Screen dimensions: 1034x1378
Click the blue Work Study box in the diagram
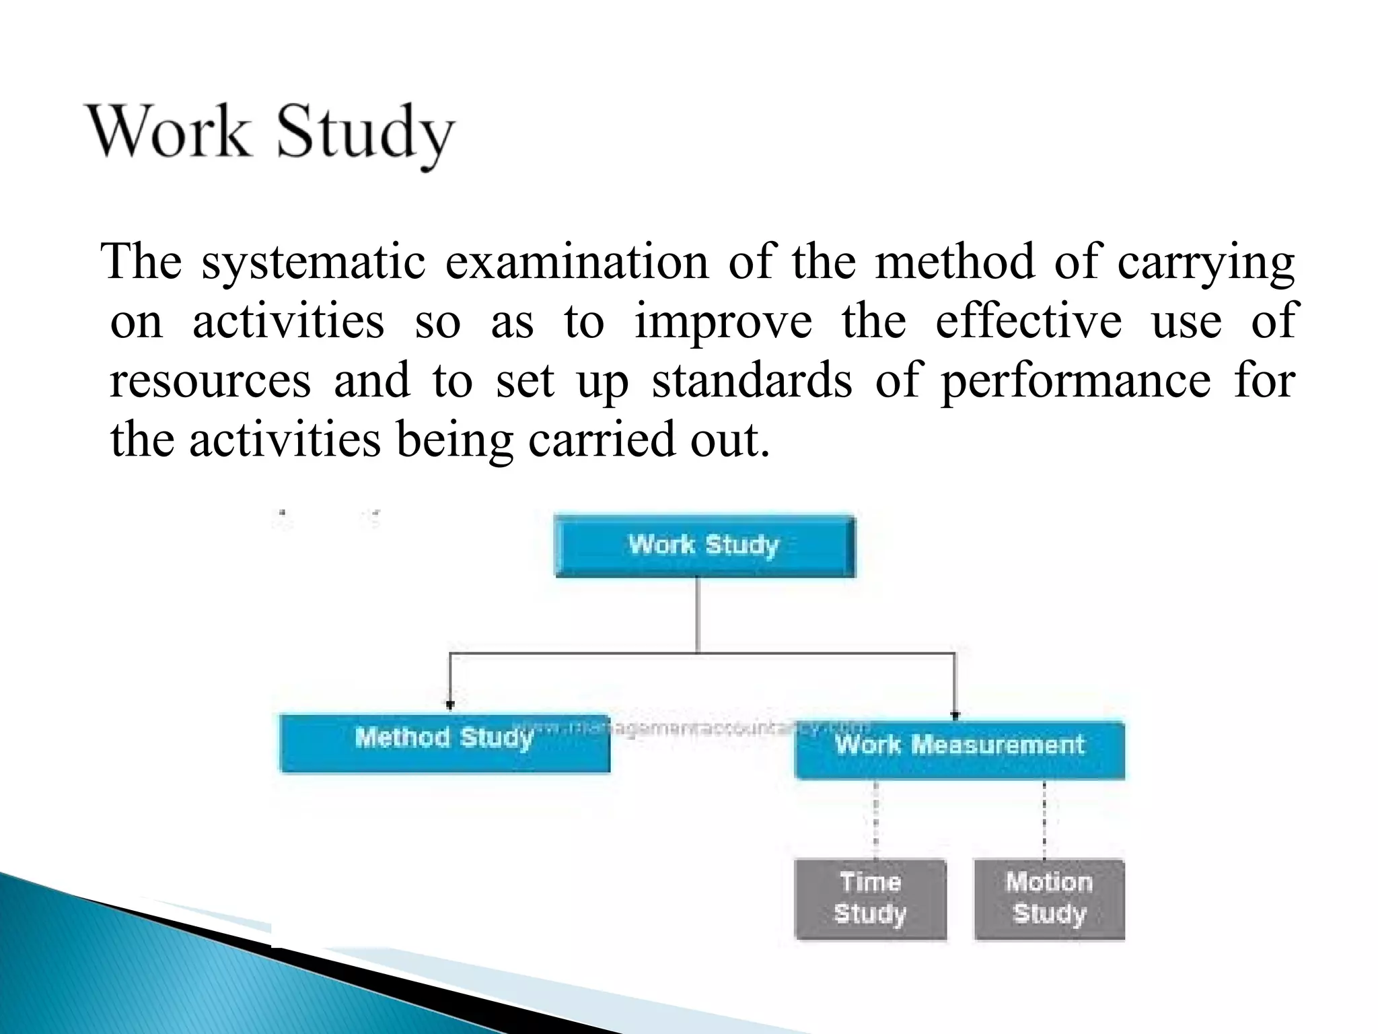pyautogui.click(x=704, y=546)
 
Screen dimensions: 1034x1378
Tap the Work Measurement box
pyautogui.click(x=959, y=751)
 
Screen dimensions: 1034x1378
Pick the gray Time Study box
pyautogui.click(x=870, y=899)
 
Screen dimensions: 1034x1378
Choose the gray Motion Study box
pyautogui.click(x=1049, y=899)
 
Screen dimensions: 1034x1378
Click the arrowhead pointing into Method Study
pyautogui.click(x=450, y=705)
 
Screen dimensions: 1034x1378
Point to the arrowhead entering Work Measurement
pyautogui.click(x=955, y=715)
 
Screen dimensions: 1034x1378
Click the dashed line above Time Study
pyautogui.click(x=875, y=819)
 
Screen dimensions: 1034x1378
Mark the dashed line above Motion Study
pyautogui.click(x=1044, y=819)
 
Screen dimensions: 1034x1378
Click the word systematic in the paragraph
pyautogui.click(x=313, y=262)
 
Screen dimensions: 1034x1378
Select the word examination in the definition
pyautogui.click(x=577, y=262)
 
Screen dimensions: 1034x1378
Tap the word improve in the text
pyautogui.click(x=723, y=322)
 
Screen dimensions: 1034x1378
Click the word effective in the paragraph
pyautogui.click(x=1029, y=322)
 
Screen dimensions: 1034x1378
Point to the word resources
pyautogui.click(x=210, y=381)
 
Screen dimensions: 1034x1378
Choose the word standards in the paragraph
pyautogui.click(x=752, y=381)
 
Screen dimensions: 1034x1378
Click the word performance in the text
pyautogui.click(x=1075, y=381)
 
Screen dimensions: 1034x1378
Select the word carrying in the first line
pyautogui.click(x=1206, y=262)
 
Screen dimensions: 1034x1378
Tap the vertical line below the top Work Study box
pyautogui.click(x=697, y=614)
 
